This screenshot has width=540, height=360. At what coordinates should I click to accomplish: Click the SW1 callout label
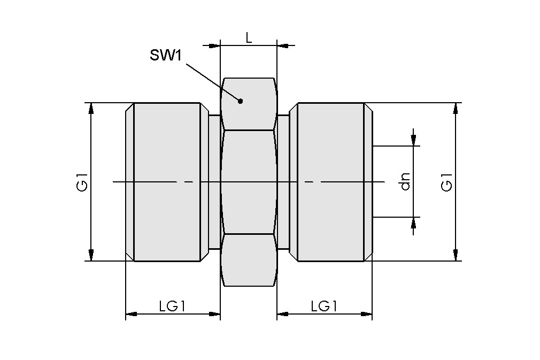[166, 56]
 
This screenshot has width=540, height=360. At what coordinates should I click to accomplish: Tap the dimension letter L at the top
[249, 37]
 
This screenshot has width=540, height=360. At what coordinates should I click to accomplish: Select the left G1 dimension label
[81, 182]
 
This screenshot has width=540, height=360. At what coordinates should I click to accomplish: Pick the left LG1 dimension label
[172, 307]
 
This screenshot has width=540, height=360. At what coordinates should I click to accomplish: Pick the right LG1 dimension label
[324, 307]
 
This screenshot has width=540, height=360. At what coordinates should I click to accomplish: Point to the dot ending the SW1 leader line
[241, 101]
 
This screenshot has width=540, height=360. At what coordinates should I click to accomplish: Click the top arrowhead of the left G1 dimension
[91, 108]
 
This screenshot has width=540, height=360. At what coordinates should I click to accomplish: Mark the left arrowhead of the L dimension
[214, 45]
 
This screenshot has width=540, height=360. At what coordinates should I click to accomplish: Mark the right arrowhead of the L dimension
[283, 45]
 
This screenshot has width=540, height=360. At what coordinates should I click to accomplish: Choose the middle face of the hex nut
[249, 182]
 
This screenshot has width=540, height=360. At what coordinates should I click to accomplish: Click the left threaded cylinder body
[167, 182]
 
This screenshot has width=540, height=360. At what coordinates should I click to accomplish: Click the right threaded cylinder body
[330, 182]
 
